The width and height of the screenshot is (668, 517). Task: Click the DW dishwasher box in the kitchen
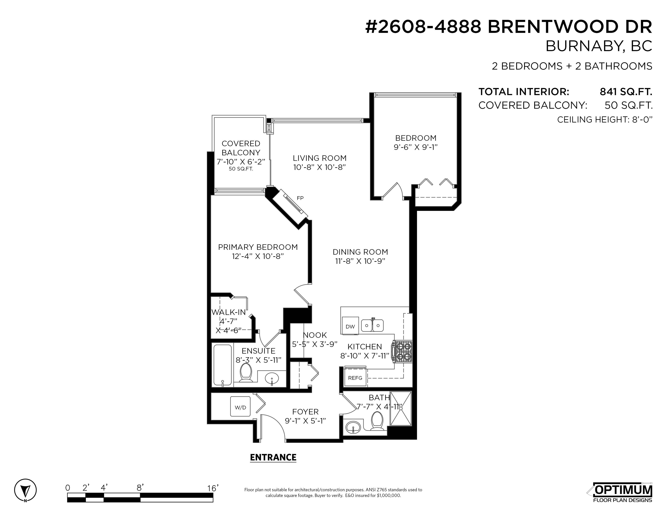(350, 326)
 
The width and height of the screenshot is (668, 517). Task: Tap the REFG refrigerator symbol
(355, 378)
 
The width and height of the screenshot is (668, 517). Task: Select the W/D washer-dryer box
(240, 407)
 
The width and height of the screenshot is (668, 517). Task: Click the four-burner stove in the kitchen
(403, 352)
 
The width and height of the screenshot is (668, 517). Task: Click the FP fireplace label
(300, 198)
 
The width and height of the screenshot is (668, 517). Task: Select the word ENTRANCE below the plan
(273, 457)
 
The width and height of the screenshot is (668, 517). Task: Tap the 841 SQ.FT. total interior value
(626, 92)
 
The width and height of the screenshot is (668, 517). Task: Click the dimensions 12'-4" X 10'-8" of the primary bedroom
(258, 256)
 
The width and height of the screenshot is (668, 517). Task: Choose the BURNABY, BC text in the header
(599, 46)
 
